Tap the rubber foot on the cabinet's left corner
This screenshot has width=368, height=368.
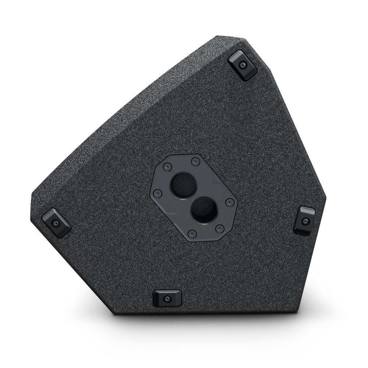[56, 222]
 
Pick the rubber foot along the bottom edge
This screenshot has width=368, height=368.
[167, 298]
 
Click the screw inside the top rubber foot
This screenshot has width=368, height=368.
[242, 65]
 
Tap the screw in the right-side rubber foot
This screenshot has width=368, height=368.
[306, 221]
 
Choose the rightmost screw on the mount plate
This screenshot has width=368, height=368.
[230, 202]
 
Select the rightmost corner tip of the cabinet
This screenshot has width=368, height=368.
[326, 199]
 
